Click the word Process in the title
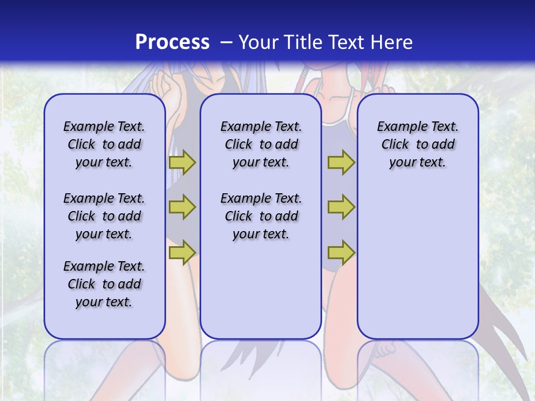point(172,42)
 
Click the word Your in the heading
point(259,42)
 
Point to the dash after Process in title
point(226,43)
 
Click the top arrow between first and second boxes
point(182,163)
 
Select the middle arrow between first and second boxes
point(182,207)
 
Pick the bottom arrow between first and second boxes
point(182,253)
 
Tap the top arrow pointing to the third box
point(341,163)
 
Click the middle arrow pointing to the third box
point(341,207)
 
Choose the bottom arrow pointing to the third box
point(341,253)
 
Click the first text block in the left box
point(104,144)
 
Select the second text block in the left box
point(104,216)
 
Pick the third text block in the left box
point(104,284)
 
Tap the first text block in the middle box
point(261,144)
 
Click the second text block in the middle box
point(261,216)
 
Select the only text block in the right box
point(417,144)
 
